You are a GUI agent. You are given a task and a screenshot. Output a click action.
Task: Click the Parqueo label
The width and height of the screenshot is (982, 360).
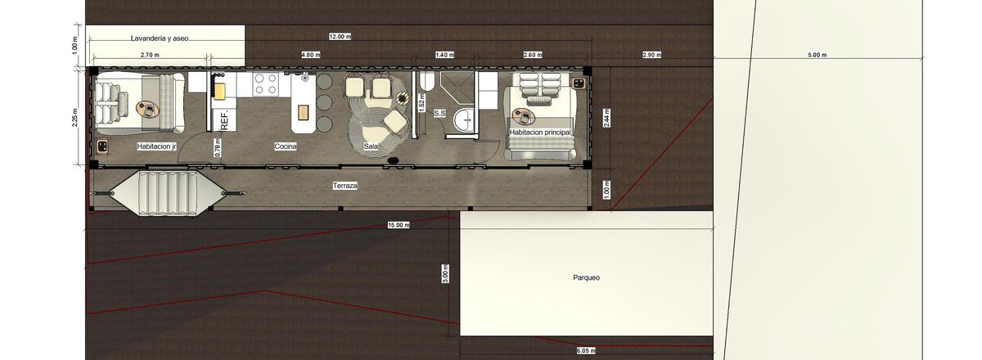586,277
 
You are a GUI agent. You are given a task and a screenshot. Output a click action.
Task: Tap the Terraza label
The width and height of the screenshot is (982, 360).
345,186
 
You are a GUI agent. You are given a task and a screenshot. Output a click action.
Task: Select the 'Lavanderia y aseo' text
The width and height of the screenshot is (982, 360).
160,38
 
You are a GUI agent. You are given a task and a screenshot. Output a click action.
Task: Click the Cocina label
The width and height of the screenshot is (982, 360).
286,146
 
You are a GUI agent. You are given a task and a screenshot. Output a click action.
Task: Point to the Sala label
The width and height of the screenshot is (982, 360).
371,146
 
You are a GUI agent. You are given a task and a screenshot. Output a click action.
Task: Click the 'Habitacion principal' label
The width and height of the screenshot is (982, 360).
540,132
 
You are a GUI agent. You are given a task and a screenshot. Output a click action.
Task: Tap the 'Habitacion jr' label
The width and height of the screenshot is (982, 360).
156,146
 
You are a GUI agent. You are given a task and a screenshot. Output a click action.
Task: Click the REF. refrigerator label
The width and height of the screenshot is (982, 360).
225,119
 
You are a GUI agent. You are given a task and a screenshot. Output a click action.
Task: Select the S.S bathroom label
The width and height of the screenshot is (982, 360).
439,113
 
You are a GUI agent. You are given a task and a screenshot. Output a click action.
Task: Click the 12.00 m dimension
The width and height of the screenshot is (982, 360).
340,36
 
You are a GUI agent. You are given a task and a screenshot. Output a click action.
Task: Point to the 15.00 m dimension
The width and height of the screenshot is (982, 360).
399,225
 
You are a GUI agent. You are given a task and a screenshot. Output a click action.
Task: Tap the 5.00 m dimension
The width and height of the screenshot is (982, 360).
818,55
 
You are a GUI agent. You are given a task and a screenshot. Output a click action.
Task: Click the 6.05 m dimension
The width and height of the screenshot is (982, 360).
586,351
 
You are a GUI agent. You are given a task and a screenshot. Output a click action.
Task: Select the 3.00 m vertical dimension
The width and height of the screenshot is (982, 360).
445,273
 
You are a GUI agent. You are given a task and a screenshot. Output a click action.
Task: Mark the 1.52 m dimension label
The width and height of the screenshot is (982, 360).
421,102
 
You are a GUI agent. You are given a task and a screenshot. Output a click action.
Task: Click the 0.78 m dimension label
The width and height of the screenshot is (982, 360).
218,148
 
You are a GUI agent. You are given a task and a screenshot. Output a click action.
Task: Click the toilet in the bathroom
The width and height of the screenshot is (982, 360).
426,82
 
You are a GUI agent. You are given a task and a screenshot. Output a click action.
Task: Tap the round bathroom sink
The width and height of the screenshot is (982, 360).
463,119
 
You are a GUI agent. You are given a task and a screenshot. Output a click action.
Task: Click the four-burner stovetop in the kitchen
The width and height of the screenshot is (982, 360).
266,83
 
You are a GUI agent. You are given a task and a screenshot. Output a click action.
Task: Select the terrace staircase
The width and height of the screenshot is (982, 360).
168,193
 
